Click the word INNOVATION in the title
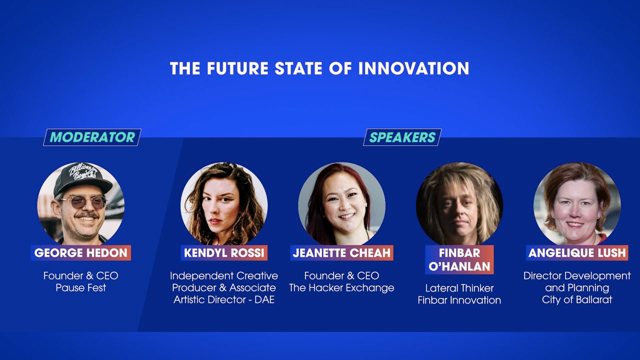pyautogui.click(x=414, y=68)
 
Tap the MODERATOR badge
pyautogui.click(x=92, y=137)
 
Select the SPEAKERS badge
pyautogui.click(x=402, y=137)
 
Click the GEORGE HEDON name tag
pyautogui.click(x=81, y=253)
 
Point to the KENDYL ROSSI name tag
pyautogui.click(x=224, y=253)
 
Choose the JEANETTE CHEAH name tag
pyautogui.click(x=342, y=253)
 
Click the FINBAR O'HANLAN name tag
pyautogui.click(x=459, y=260)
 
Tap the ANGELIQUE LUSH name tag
pyautogui.click(x=577, y=253)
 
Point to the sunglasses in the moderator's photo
pyautogui.click(x=83, y=202)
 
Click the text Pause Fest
pyautogui.click(x=81, y=288)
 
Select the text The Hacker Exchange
pyautogui.click(x=342, y=288)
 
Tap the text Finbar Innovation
pyautogui.click(x=459, y=300)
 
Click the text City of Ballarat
pyautogui.click(x=577, y=300)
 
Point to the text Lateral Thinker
pyautogui.click(x=459, y=288)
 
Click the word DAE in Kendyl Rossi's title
pyautogui.click(x=264, y=300)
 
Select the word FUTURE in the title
pyautogui.click(x=237, y=68)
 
